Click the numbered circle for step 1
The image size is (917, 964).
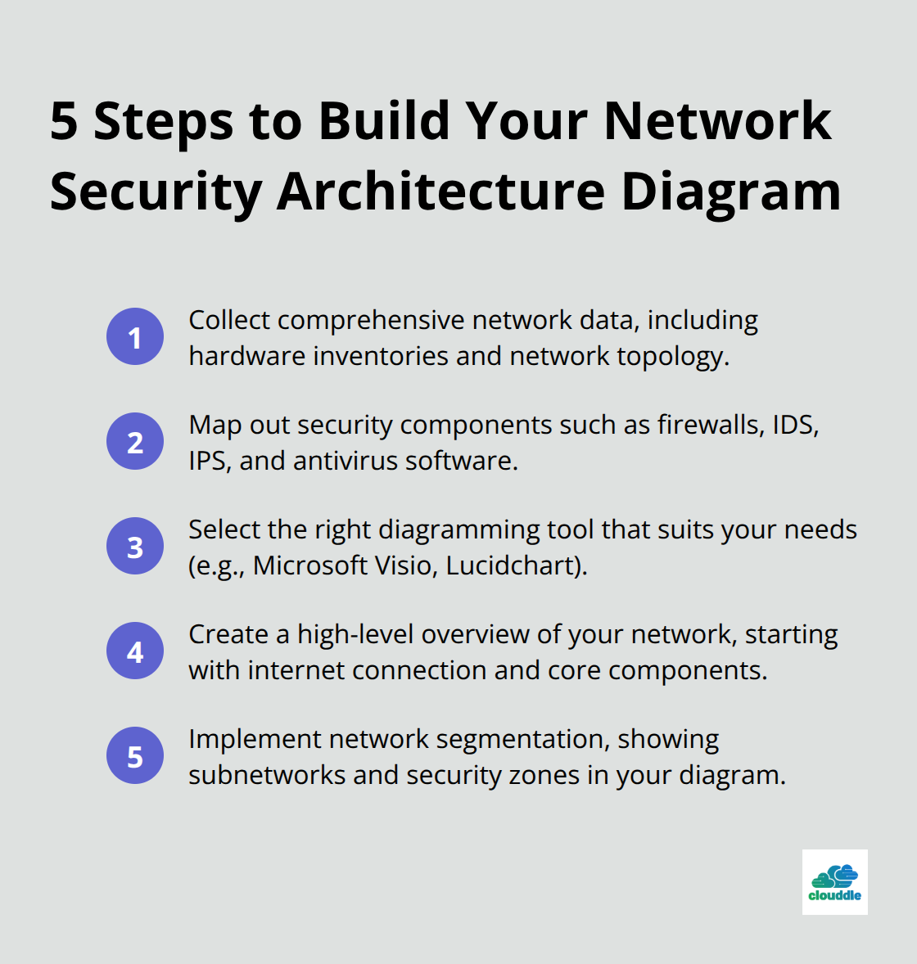pyautogui.click(x=135, y=336)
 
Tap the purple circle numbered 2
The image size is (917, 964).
pyautogui.click(x=135, y=441)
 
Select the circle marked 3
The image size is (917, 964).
pyautogui.click(x=135, y=546)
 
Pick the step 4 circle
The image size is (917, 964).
pyautogui.click(x=135, y=651)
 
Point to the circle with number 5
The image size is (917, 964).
pyautogui.click(x=135, y=755)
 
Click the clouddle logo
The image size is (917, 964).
pyautogui.click(x=834, y=881)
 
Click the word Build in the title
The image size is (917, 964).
pyautogui.click(x=384, y=121)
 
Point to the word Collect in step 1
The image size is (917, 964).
pyautogui.click(x=229, y=320)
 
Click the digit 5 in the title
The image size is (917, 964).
pyautogui.click(x=64, y=121)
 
